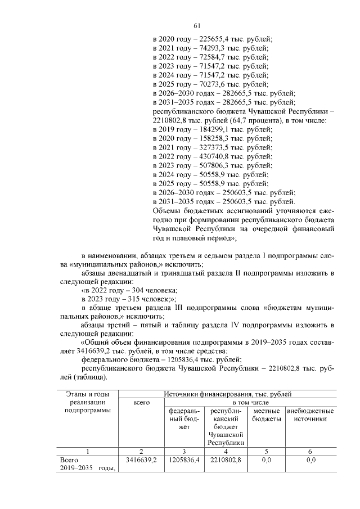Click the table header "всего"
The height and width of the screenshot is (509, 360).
(141, 403)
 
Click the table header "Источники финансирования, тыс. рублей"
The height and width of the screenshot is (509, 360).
(227, 394)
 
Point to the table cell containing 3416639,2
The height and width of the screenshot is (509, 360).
(141, 460)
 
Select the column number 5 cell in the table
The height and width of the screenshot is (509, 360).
(267, 451)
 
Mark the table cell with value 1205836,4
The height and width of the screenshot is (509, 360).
(183, 460)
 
